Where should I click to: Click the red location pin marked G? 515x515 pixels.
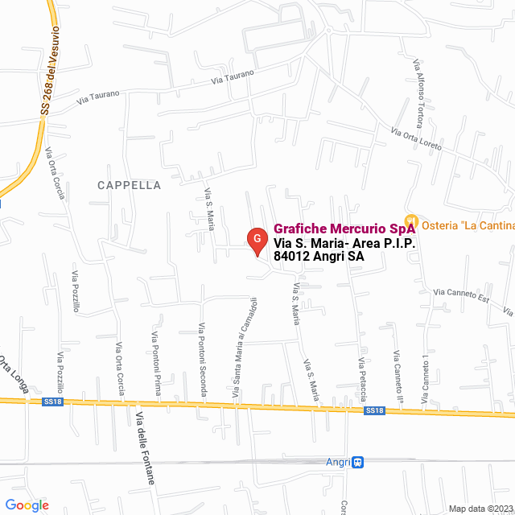[x=256, y=240]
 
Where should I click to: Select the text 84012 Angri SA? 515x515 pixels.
[x=319, y=257]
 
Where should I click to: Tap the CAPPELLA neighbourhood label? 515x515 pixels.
[x=129, y=185]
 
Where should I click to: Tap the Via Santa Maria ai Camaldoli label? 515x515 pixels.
[x=245, y=349]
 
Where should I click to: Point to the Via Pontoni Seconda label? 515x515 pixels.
[x=202, y=360]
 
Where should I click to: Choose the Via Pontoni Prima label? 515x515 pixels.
[x=157, y=364]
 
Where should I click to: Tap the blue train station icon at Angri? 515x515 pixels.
[x=358, y=462]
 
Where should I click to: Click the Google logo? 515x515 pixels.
[x=27, y=505]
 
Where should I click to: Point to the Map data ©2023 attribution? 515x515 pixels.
[x=480, y=509]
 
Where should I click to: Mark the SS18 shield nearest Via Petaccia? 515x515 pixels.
[x=374, y=410]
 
